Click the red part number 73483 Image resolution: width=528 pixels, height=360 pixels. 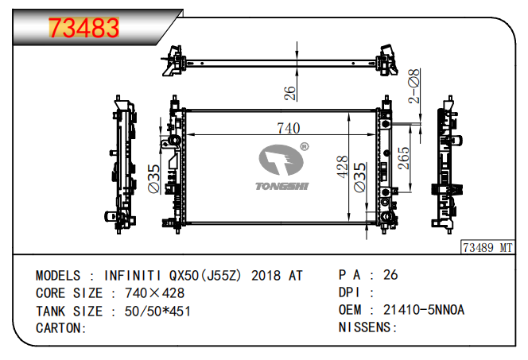pyautogui.click(x=83, y=27)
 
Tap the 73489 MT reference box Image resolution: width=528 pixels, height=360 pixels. pyautogui.click(x=487, y=248)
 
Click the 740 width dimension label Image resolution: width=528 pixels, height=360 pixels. pyautogui.click(x=288, y=128)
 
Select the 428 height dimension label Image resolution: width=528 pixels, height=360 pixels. pyautogui.click(x=342, y=167)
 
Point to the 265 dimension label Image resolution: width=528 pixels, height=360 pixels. pyautogui.click(x=403, y=158)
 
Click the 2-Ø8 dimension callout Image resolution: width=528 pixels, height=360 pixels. pyautogui.click(x=413, y=86)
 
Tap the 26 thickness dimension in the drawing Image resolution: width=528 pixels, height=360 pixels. pyautogui.click(x=289, y=93)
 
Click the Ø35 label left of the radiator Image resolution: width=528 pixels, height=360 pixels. pyautogui.click(x=153, y=179)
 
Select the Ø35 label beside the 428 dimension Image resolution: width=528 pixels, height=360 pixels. pyautogui.click(x=359, y=177)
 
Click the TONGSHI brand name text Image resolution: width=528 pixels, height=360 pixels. pyautogui.click(x=281, y=186)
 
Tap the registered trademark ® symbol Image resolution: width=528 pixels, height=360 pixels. pyautogui.click(x=304, y=147)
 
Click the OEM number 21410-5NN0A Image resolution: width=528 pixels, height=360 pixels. pyautogui.click(x=424, y=310)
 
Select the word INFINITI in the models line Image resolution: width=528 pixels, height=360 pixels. pyautogui.click(x=132, y=276)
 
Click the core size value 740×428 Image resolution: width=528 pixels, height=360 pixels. pyautogui.click(x=154, y=293)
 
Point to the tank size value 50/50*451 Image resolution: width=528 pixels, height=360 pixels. pyautogui.click(x=157, y=312)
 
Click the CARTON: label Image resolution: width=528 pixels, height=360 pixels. pyautogui.click(x=61, y=328)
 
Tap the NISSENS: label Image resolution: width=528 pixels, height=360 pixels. pyautogui.click(x=367, y=327)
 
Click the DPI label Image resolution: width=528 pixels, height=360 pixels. pyautogui.click(x=349, y=292)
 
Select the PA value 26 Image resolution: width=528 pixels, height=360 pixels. pyautogui.click(x=390, y=275)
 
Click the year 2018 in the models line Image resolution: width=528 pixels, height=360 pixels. pyautogui.click(x=266, y=276)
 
